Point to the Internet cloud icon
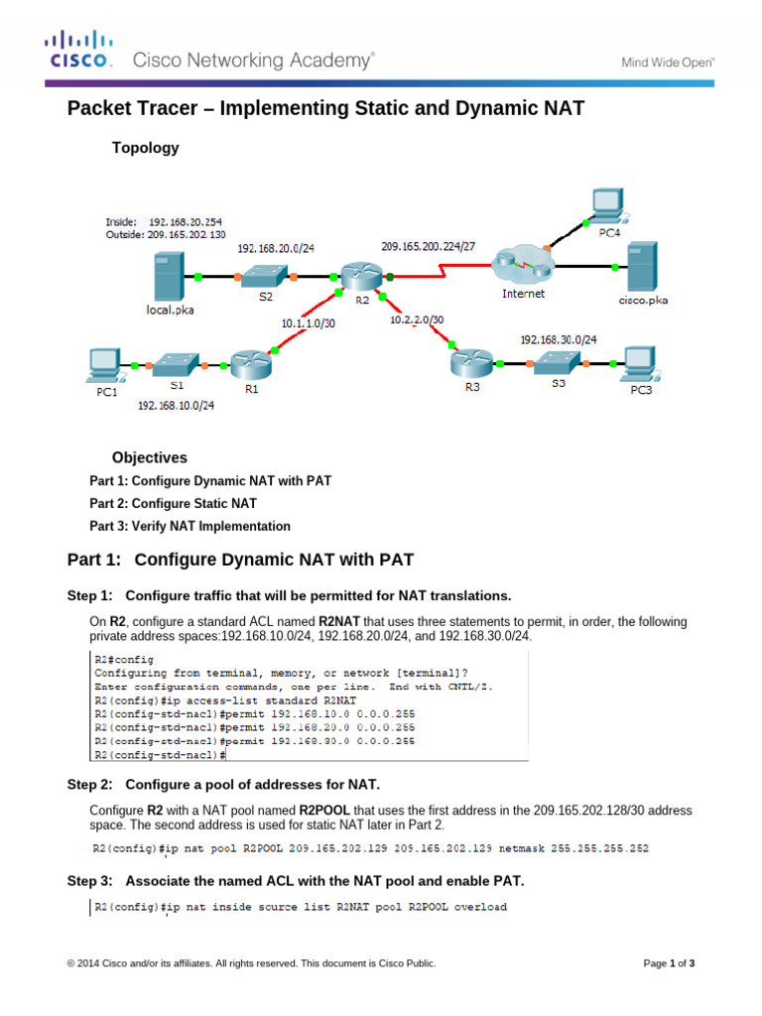522,264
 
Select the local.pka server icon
168,275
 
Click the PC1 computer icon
103,365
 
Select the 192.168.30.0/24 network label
559,339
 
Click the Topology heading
146,148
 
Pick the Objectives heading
149,457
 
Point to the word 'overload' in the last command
480,907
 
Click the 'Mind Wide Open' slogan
668,62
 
